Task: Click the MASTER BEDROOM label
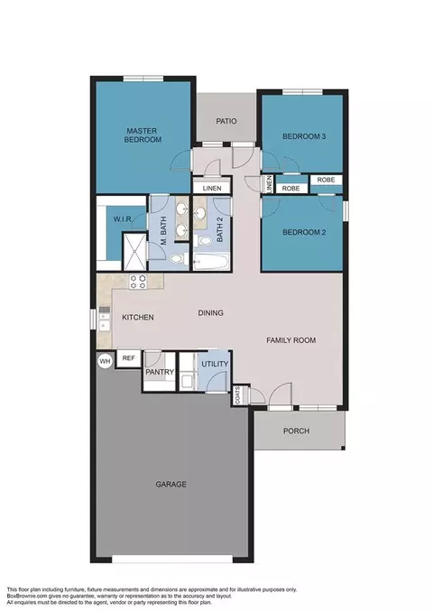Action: coord(143,134)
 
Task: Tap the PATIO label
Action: coord(226,121)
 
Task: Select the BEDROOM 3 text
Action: coord(303,136)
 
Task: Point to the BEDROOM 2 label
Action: coord(303,232)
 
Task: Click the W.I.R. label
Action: coord(124,218)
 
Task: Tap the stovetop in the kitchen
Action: coord(138,281)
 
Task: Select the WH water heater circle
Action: coord(105,361)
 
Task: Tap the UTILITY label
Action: coord(215,364)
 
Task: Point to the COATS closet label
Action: coord(238,394)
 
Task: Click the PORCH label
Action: coord(296,431)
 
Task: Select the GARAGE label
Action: coord(170,485)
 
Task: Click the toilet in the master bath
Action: coord(177,259)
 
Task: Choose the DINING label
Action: coord(210,313)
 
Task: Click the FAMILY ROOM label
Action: coord(290,340)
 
